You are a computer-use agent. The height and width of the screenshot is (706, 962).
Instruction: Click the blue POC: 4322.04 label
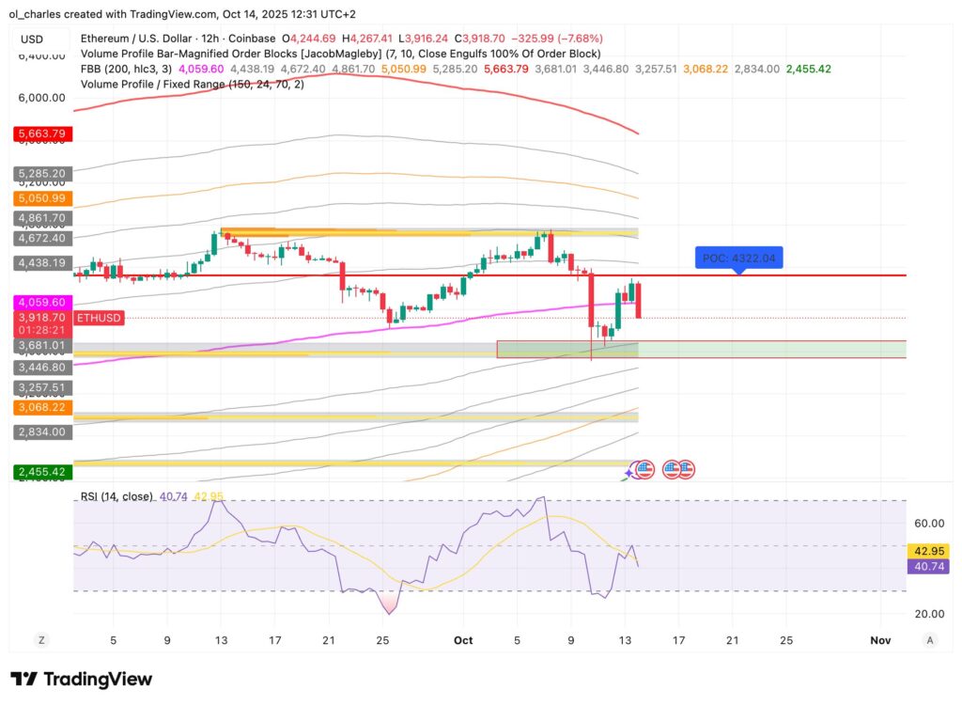pos(737,258)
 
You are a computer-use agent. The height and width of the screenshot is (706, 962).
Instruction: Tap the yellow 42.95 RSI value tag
pos(928,551)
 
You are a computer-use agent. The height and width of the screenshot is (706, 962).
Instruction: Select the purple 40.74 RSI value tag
pos(928,566)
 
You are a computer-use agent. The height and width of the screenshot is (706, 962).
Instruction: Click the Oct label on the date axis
pos(462,640)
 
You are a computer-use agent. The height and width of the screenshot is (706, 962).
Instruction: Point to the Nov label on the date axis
pos(879,640)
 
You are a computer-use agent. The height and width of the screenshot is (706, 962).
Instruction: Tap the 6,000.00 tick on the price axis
pos(41,98)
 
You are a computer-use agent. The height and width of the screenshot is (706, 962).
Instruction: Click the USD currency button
pos(32,39)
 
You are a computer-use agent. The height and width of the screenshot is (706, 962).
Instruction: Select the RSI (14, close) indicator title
pos(115,496)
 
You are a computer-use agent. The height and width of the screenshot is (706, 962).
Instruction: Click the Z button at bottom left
pos(41,640)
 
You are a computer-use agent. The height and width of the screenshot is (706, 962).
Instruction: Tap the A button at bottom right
pos(929,640)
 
